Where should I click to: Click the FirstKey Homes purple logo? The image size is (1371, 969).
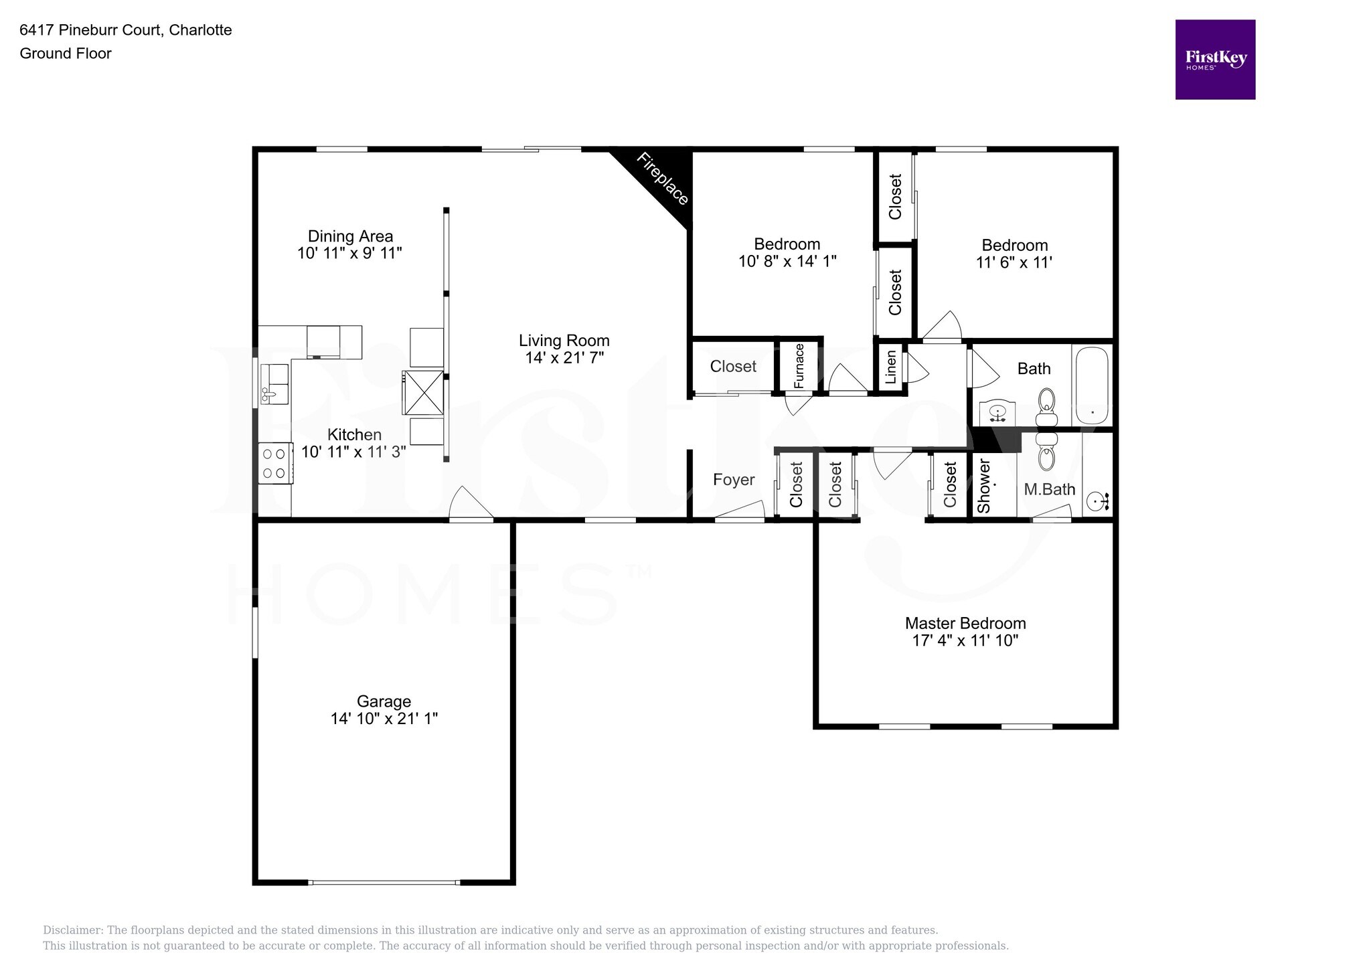(1214, 60)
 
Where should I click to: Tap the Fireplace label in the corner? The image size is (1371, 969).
(661, 179)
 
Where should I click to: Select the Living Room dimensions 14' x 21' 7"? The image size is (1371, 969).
(564, 358)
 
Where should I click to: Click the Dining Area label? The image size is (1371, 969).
(350, 236)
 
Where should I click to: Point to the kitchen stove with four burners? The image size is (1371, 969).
(274, 463)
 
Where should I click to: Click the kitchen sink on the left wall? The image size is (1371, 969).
(274, 385)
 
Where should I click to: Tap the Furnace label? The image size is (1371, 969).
(799, 366)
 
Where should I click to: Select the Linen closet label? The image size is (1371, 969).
(890, 368)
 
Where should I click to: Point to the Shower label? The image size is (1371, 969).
(983, 486)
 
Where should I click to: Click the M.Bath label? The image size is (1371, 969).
(1049, 489)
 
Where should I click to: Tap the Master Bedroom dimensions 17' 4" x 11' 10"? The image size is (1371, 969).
(965, 640)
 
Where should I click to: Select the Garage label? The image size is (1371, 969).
(383, 701)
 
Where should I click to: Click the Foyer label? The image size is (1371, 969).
(733, 480)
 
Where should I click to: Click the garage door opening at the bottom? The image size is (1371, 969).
(384, 882)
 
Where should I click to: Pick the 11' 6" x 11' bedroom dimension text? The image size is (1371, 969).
(1014, 262)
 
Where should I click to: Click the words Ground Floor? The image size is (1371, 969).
(66, 54)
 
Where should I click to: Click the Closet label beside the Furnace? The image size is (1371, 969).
(732, 366)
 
